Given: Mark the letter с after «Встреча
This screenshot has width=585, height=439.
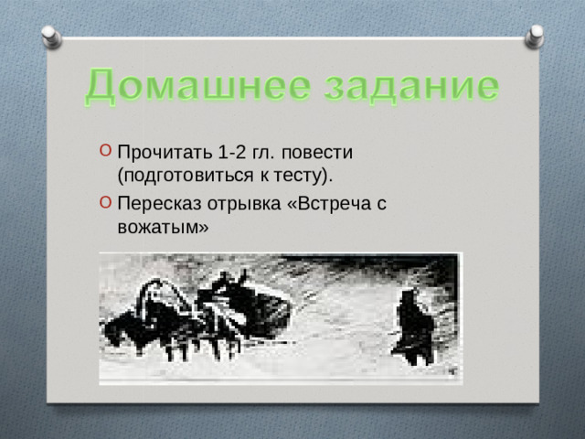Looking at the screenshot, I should pyautogui.click(x=378, y=205).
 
